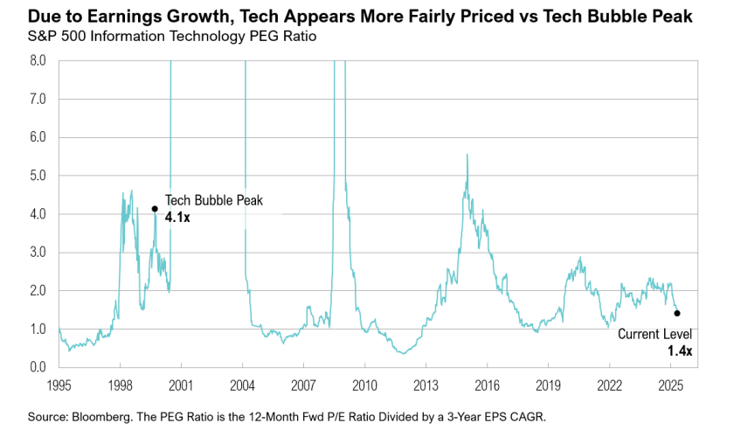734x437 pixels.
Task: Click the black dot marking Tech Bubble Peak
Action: (155, 209)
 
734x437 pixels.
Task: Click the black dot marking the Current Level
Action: (677, 313)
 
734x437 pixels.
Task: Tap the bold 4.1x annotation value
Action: (177, 217)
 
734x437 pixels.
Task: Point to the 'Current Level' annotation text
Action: (655, 334)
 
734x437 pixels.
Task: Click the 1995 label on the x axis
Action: (59, 385)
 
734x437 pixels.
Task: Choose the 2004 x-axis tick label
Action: (242, 385)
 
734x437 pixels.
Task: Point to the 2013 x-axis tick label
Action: (426, 385)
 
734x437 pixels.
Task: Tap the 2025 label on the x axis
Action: (670, 385)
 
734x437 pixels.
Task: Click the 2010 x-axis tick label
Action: (364, 385)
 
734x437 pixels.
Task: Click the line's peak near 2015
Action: (467, 155)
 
